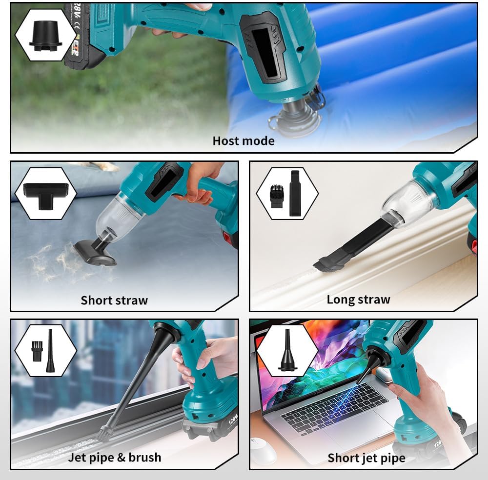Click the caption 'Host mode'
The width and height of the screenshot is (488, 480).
click(x=243, y=141)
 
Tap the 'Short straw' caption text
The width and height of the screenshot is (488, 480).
click(x=114, y=300)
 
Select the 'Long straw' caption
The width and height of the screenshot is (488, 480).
click(x=358, y=300)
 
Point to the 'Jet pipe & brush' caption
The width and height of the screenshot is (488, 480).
click(x=115, y=457)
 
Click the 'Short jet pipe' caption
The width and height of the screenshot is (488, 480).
click(x=366, y=458)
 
